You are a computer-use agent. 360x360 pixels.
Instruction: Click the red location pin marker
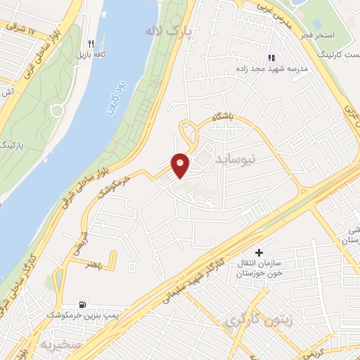pyautogui.click(x=181, y=164)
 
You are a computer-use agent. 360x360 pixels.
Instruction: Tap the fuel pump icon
pyautogui.click(x=84, y=304)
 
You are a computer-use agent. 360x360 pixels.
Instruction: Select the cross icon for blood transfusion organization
pyautogui.click(x=259, y=252)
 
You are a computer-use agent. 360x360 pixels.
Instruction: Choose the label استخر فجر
pyautogui.click(x=323, y=35)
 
